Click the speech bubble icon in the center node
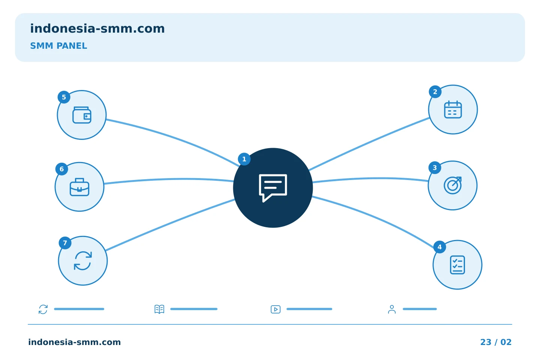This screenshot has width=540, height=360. [273, 188]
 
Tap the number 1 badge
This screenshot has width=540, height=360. [244, 159]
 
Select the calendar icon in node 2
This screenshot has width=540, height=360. [453, 109]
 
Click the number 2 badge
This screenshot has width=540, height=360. [435, 92]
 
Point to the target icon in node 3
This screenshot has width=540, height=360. [453, 185]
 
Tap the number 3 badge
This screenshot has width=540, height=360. [435, 168]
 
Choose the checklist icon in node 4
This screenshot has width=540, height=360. [457, 265]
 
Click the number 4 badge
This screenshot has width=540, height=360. [439, 247]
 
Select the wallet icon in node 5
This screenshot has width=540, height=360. [82, 115]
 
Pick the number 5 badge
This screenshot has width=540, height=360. [64, 97]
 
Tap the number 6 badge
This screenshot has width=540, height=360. [62, 169]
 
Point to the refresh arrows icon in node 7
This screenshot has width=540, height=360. [82, 261]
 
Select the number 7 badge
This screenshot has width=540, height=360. [65, 243]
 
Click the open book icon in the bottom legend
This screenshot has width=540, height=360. [159, 309]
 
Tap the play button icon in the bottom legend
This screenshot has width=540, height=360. [276, 309]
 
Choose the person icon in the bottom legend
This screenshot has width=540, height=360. [392, 309]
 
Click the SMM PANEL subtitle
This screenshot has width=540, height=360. [58, 46]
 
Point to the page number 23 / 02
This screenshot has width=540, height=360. [496, 342]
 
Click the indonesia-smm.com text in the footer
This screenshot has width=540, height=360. [75, 342]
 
